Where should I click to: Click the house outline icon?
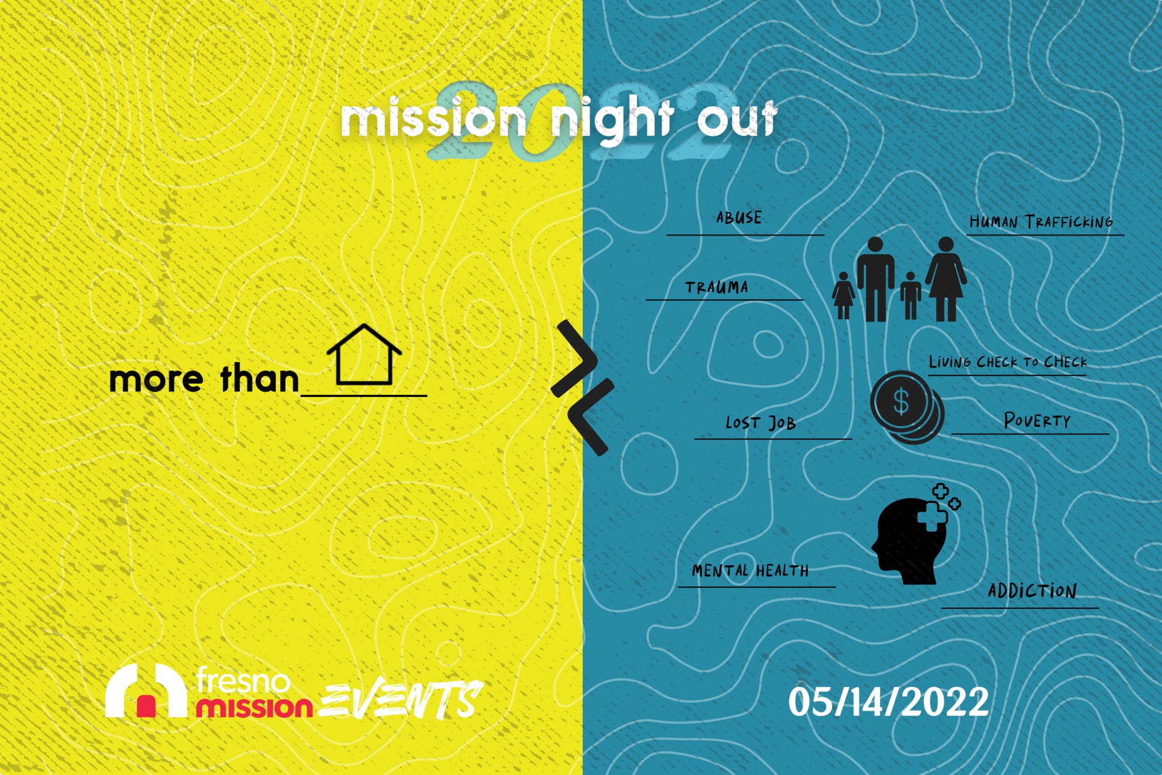[x=364, y=355]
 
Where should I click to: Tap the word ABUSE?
[x=739, y=218]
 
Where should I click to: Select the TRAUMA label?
[x=717, y=288]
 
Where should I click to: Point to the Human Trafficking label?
[x=1041, y=221]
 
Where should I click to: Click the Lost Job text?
[x=761, y=423]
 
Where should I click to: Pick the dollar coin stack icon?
[x=907, y=406]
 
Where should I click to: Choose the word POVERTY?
[x=1037, y=420]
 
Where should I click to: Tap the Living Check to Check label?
[x=1008, y=361]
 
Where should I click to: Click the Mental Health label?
[x=750, y=570]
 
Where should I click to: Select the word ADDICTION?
[x=1032, y=591]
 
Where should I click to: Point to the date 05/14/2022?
[x=889, y=702]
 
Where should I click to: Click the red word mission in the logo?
[x=254, y=707]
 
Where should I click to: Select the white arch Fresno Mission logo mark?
[x=146, y=690]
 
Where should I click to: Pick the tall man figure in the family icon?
[x=875, y=279]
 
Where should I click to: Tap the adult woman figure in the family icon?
[x=946, y=279]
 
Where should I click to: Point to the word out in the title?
[x=736, y=119]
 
